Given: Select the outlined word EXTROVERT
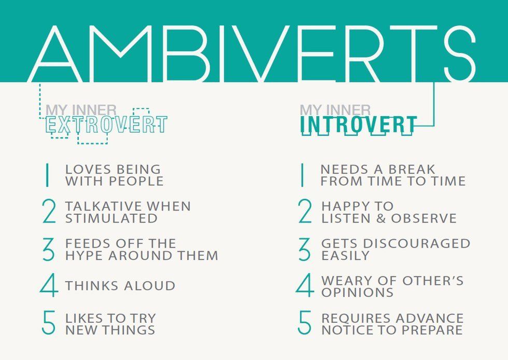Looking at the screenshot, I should pyautogui.click(x=106, y=125).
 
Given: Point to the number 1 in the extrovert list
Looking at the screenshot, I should pyautogui.click(x=47, y=175).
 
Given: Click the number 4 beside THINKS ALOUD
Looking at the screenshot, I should pyautogui.click(x=48, y=286).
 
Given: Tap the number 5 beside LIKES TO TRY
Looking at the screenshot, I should pyautogui.click(x=48, y=323).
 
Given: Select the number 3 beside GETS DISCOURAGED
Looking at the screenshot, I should pyautogui.click(x=305, y=250).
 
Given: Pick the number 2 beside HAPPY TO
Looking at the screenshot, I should pyautogui.click(x=305, y=212).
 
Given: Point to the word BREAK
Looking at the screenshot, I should pyautogui.click(x=411, y=170).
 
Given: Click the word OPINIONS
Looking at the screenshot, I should pyautogui.click(x=358, y=293).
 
